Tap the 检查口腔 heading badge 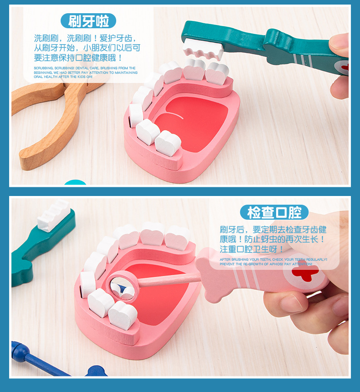click(274, 212)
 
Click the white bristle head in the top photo click(203, 48)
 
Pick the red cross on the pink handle click(305, 274)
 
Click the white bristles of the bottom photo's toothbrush click(54, 216)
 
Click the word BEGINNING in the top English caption click(43, 72)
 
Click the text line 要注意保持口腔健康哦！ click(78, 58)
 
